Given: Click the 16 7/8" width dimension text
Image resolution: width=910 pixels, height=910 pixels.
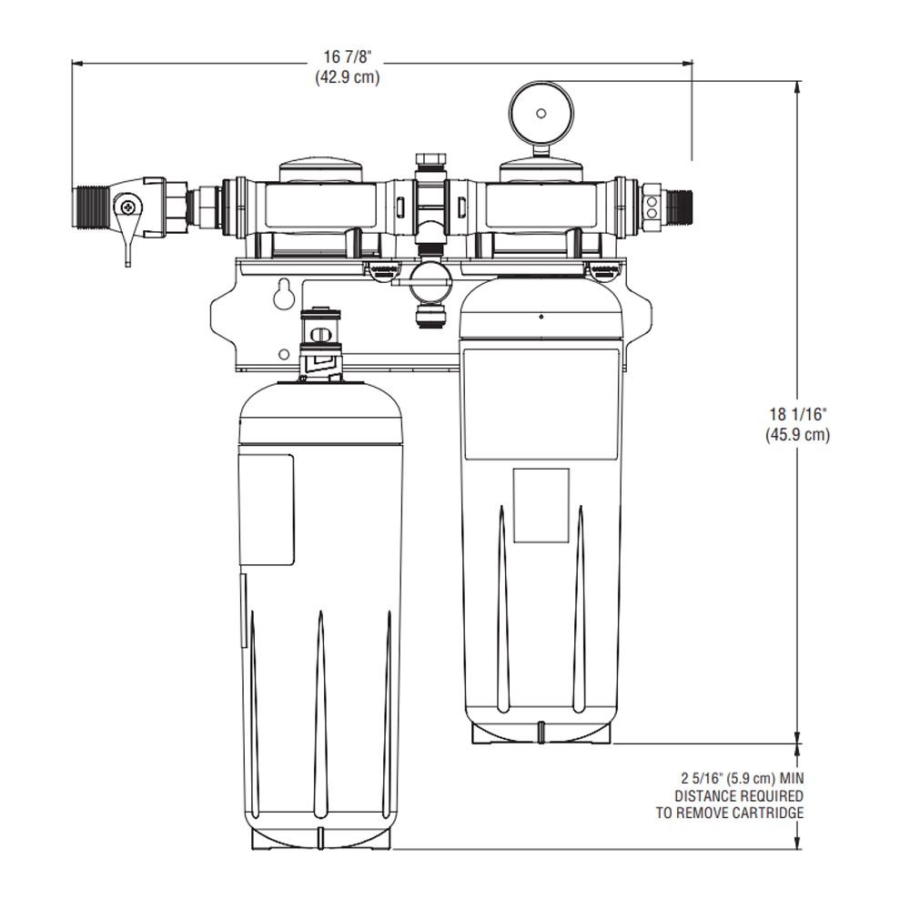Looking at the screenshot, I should click(x=347, y=60).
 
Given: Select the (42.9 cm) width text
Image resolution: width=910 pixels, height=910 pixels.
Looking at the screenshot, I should click(x=347, y=78).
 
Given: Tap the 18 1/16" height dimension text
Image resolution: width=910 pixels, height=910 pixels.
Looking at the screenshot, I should click(x=797, y=417).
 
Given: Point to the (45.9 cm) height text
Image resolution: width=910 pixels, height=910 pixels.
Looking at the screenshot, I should click(x=797, y=435).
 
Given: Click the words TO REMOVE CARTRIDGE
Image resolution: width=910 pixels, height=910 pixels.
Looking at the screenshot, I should click(x=730, y=813).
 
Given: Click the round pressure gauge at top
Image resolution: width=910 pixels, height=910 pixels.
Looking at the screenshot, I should click(x=541, y=113).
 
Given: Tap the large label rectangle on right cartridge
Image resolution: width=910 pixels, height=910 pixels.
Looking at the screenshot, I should click(x=542, y=402).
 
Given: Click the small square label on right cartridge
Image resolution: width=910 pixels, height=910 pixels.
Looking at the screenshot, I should click(x=541, y=505).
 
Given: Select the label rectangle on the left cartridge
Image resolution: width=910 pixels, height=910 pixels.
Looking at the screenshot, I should click(x=267, y=510).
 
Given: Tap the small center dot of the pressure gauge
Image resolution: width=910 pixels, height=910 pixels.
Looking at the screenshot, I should click(x=541, y=113).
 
